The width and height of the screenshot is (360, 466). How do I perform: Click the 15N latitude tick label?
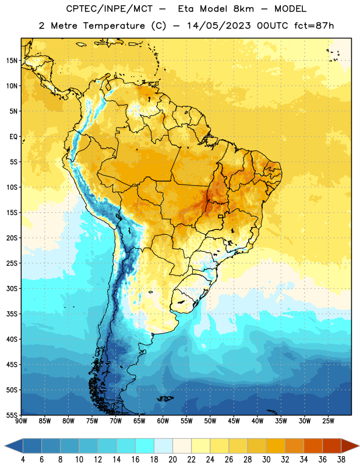pyautogui.click(x=12, y=61)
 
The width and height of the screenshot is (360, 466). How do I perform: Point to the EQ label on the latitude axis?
pyautogui.click(x=13, y=137)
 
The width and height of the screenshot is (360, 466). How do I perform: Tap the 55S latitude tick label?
pyautogui.click(x=12, y=415)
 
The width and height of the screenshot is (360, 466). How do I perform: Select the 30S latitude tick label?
pyautogui.click(x=12, y=288)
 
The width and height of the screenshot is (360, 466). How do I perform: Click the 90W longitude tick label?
pyautogui.click(x=21, y=421)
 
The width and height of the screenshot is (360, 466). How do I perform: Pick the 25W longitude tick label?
pyautogui.click(x=328, y=421)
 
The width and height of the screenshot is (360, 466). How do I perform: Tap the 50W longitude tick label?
pyautogui.click(x=210, y=421)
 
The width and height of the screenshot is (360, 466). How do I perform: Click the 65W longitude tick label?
pyautogui.click(x=139, y=421)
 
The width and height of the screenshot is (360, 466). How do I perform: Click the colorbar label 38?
pyautogui.click(x=341, y=460)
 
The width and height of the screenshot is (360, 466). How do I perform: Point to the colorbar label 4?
pyautogui.click(x=23, y=460)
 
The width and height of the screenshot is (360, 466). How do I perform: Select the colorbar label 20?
pyautogui.click(x=172, y=460)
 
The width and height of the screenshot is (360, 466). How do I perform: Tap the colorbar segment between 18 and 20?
pyautogui.click(x=163, y=446)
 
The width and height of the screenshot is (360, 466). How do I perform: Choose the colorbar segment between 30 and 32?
pyautogui.click(x=276, y=446)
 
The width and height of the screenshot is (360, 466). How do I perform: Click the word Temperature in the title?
pyautogui.click(x=114, y=26)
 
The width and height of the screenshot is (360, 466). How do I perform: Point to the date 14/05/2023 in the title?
pyautogui.click(x=219, y=26)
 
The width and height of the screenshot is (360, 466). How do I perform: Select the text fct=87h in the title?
pyautogui.click(x=314, y=26)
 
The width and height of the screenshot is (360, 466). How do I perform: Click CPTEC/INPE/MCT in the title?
pyautogui.click(x=110, y=9)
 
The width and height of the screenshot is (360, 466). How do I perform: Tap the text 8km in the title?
pyautogui.click(x=243, y=9)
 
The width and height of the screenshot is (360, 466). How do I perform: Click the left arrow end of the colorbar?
pyautogui.click(x=5, y=446)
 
